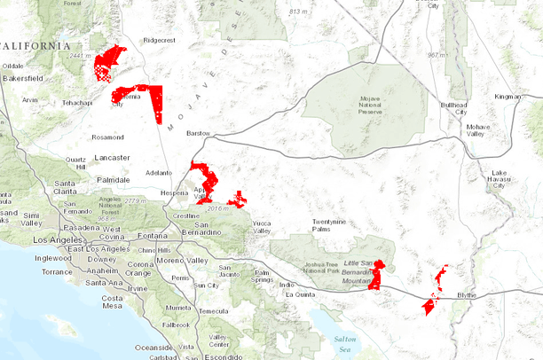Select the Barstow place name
tap(200, 133)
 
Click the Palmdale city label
tap(113, 179)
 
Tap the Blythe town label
tap(467, 294)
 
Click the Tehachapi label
tap(76, 103)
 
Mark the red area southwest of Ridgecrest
tap(108, 62)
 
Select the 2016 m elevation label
tap(216, 207)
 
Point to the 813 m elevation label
tap(298, 11)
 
